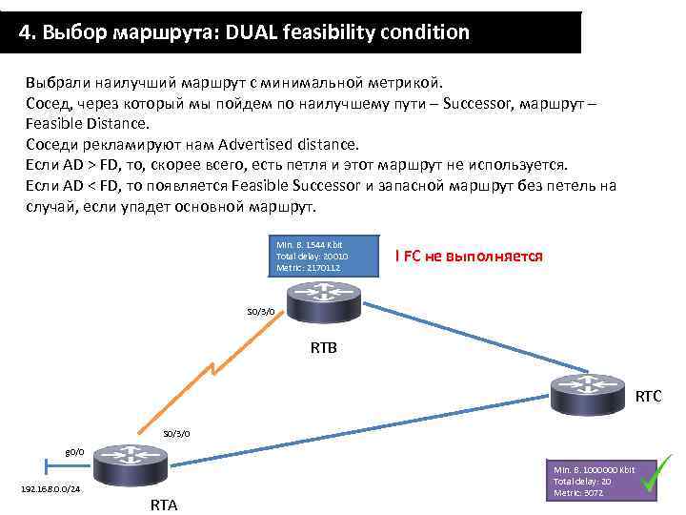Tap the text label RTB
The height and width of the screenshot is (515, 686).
point(323,347)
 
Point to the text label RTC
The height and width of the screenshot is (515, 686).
point(648,396)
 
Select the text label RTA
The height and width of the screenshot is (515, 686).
point(164,505)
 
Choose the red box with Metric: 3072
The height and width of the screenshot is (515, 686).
point(593,482)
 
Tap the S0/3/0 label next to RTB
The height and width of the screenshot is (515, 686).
point(260,311)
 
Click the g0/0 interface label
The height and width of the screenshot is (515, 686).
point(74,450)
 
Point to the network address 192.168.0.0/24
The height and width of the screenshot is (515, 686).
point(50,489)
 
